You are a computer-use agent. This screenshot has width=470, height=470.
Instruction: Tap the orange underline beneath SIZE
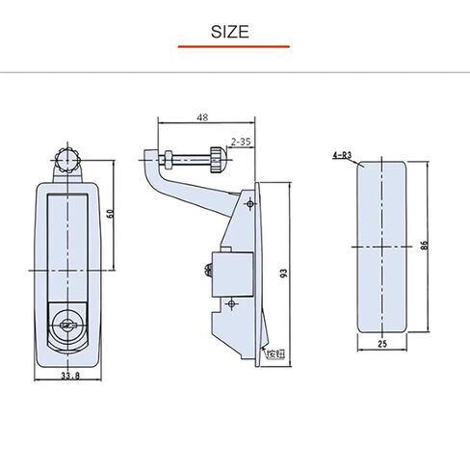click(x=233, y=46)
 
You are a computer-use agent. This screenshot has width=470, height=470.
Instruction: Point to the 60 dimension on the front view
click(x=111, y=213)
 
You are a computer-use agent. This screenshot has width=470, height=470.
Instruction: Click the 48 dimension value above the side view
click(x=201, y=118)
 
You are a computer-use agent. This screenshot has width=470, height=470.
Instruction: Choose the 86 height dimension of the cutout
click(x=423, y=246)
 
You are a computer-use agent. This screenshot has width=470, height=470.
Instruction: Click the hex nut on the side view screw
click(x=172, y=158)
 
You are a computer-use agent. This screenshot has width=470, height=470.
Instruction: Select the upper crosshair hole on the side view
click(x=249, y=203)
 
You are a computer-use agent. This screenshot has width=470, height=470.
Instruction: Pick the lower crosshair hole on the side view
click(x=230, y=304)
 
